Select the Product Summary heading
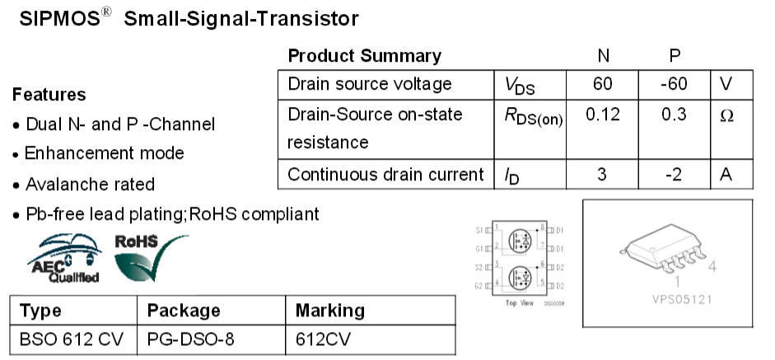pyautogui.click(x=364, y=56)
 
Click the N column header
pyautogui.click(x=603, y=56)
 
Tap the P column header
pyautogui.click(x=675, y=56)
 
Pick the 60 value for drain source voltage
pyautogui.click(x=603, y=84)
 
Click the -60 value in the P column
pyautogui.click(x=674, y=84)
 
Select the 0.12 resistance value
pyautogui.click(x=603, y=115)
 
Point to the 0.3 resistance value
pyautogui.click(x=674, y=115)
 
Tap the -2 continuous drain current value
pyautogui.click(x=674, y=175)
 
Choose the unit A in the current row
pyautogui.click(x=726, y=175)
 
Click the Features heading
pyautogui.click(x=49, y=95)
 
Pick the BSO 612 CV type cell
pyautogui.click(x=69, y=338)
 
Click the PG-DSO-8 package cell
pyautogui.click(x=184, y=338)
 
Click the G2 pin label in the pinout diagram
pyautogui.click(x=479, y=285)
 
